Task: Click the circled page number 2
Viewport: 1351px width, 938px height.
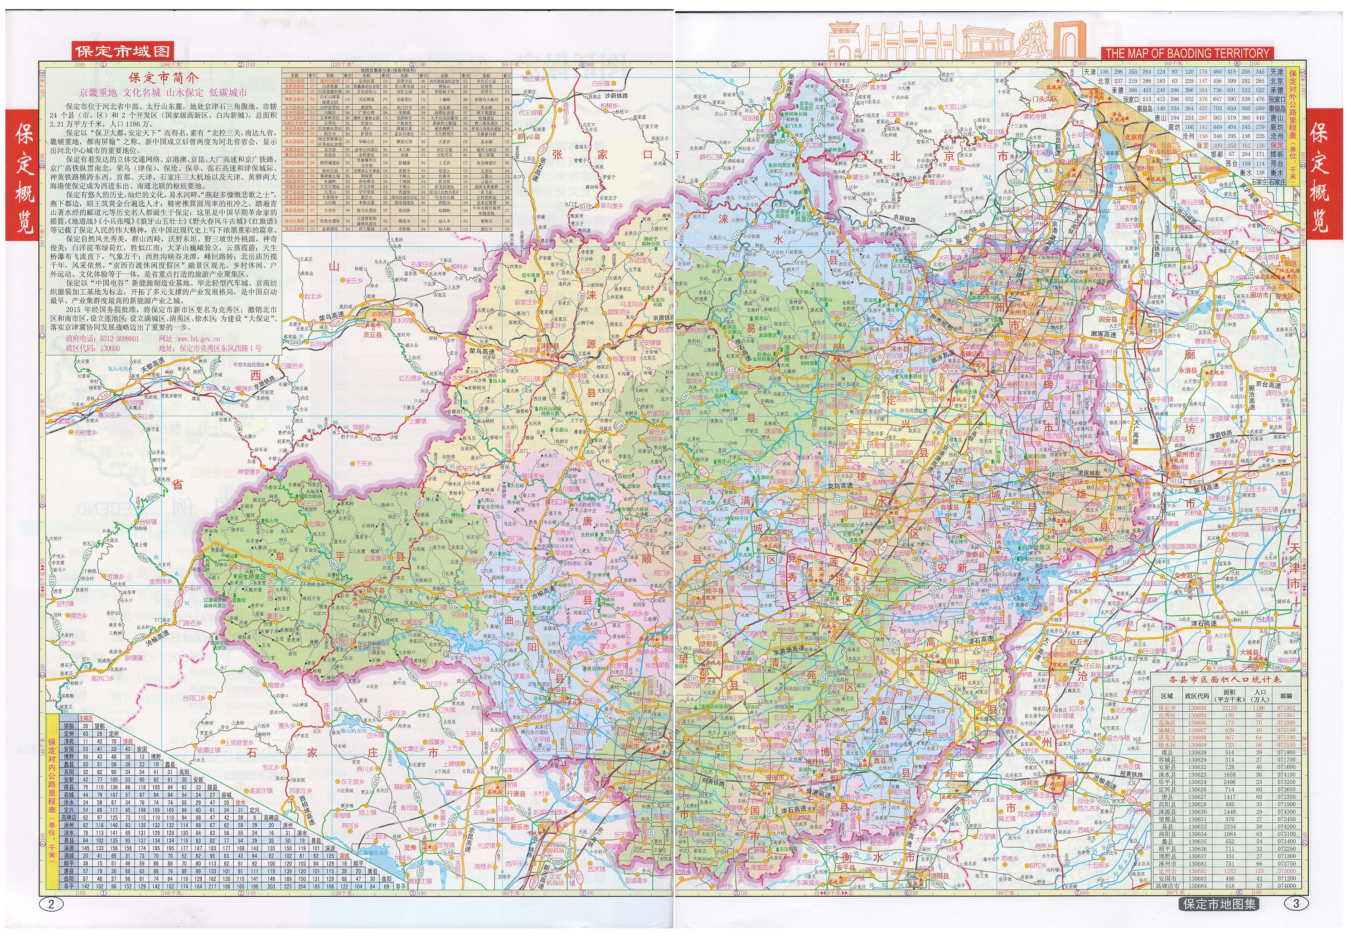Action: [x=51, y=904]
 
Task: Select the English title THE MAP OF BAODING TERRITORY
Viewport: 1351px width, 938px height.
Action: [x=1186, y=53]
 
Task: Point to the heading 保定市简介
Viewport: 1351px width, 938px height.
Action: [x=164, y=78]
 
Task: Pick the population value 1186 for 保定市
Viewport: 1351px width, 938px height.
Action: [x=1259, y=708]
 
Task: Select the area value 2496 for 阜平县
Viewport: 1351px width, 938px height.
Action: [x=1230, y=782]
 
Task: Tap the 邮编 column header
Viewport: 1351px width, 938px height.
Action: [x=1286, y=696]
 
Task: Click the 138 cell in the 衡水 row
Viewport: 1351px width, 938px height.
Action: [x=1260, y=173]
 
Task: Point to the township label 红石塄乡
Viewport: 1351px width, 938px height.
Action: [x=411, y=379]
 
